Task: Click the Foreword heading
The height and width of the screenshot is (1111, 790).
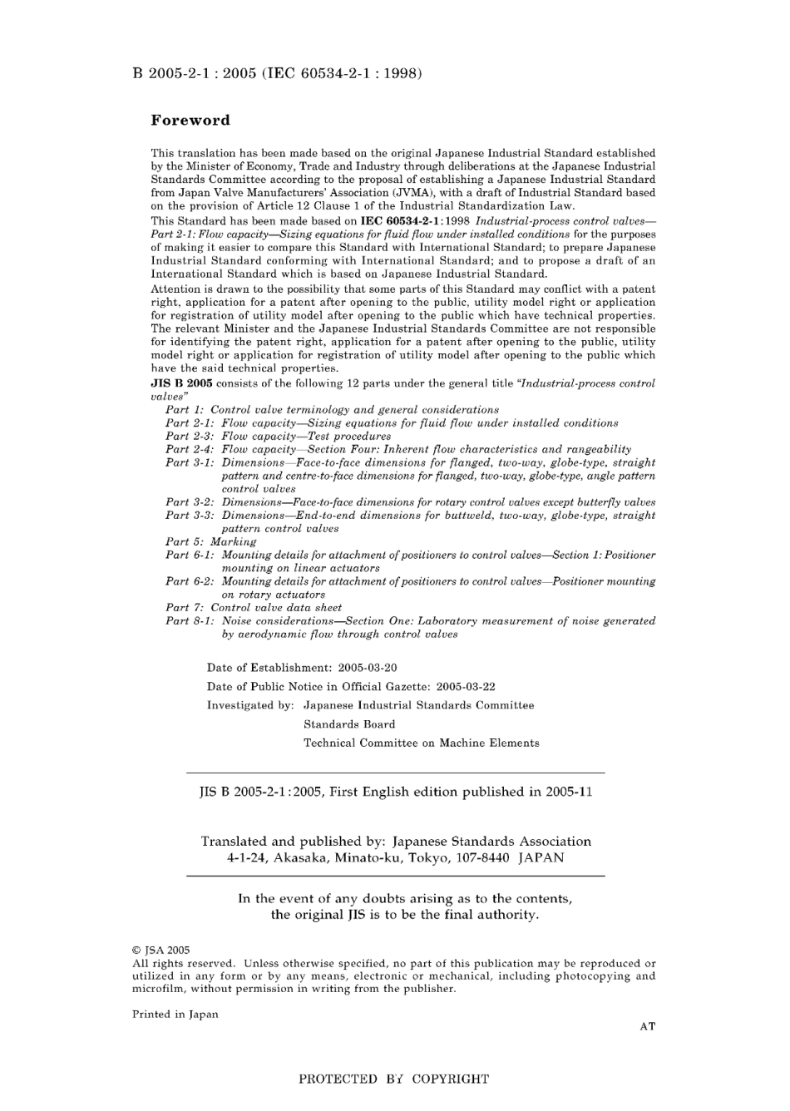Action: pos(190,121)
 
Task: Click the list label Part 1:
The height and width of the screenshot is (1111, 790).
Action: pos(185,410)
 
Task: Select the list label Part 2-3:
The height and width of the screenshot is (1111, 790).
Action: pos(190,437)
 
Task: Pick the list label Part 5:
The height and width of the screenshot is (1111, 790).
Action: pos(185,542)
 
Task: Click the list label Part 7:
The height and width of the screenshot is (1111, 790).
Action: pos(185,608)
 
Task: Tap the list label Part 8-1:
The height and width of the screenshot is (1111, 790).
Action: pos(190,621)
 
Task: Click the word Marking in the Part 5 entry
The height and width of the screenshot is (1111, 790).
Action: pos(234,542)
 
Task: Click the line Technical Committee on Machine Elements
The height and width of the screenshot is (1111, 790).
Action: pos(421,743)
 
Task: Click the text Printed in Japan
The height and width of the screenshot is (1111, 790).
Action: pos(175,1015)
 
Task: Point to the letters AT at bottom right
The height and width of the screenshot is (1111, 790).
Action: pos(647,1027)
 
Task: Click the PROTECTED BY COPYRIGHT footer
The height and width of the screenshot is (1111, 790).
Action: pos(393,1079)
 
